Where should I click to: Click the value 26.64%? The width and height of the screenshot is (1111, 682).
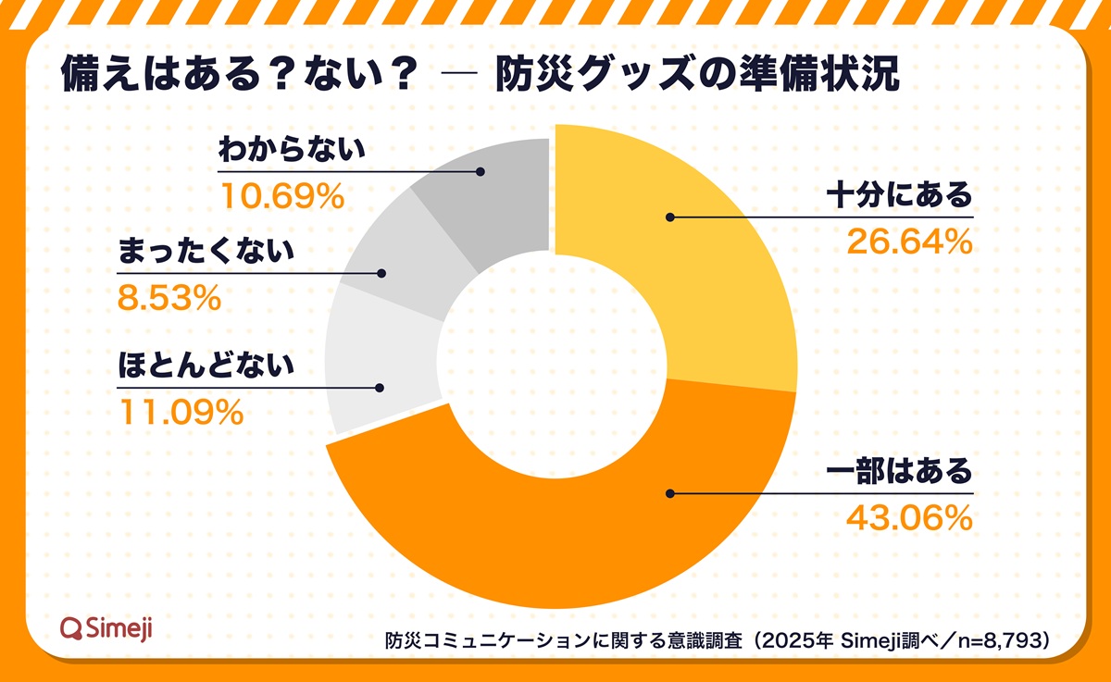click(x=909, y=242)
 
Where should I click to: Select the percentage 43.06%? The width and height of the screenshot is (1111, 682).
click(x=909, y=518)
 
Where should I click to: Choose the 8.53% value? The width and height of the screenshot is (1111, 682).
click(x=169, y=297)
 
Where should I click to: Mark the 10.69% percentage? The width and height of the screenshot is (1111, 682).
click(x=281, y=195)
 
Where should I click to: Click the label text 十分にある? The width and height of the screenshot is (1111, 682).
click(x=900, y=196)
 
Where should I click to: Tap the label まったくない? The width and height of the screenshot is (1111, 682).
click(x=206, y=252)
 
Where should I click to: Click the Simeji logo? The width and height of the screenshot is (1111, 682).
click(x=106, y=628)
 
